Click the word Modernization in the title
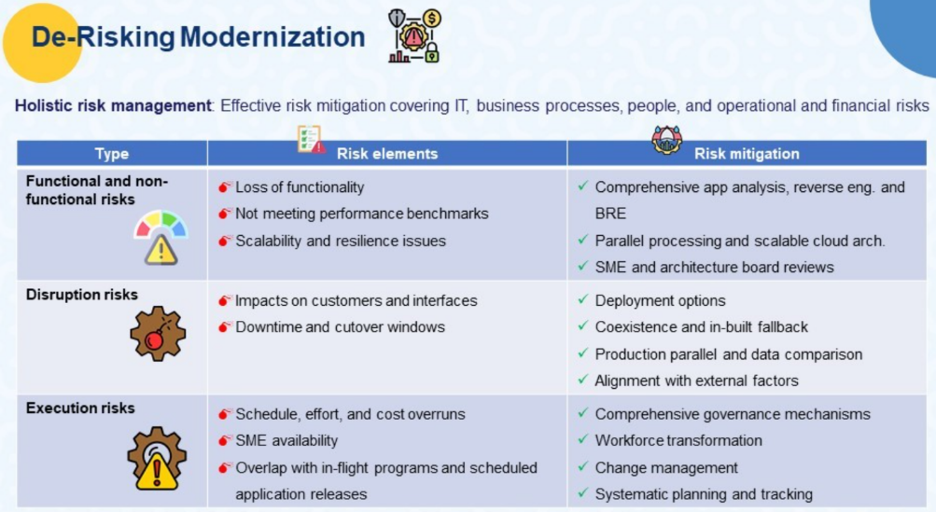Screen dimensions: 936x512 click(272, 36)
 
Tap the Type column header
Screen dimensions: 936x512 click(112, 153)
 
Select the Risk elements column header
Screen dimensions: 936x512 click(387, 153)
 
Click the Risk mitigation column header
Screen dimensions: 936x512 click(747, 153)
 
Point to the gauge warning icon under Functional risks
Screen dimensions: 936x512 click(161, 237)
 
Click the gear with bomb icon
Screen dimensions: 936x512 click(158, 334)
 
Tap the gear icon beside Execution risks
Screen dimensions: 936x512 click(157, 458)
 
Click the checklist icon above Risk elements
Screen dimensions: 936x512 click(311, 139)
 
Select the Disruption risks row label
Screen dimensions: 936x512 click(82, 295)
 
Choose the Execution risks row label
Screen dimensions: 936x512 click(80, 408)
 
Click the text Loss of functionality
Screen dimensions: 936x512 click(300, 187)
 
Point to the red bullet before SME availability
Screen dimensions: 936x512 click(225, 441)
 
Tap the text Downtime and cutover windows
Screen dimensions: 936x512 click(341, 327)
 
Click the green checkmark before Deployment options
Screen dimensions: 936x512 click(583, 299)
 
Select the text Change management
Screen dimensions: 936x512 click(666, 468)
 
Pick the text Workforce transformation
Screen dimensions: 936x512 click(678, 440)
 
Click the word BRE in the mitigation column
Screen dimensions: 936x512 click(610, 214)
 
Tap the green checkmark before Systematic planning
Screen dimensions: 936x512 click(583, 493)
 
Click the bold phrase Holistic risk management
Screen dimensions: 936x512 click(113, 105)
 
